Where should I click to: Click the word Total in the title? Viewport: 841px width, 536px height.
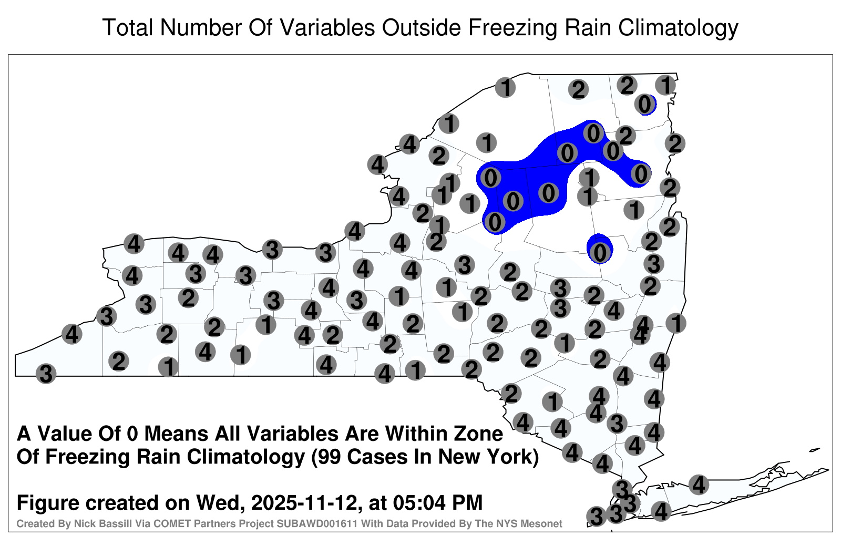tap(127, 28)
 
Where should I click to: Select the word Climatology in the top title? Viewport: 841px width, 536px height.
tap(678, 28)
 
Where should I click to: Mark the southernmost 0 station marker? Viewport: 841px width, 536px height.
tap(600, 253)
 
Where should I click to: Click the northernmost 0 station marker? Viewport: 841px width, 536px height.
tap(644, 104)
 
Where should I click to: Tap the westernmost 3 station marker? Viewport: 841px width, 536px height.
tap(46, 374)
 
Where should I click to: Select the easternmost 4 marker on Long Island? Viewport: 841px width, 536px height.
tap(699, 484)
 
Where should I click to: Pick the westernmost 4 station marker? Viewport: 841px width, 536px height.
tap(71, 334)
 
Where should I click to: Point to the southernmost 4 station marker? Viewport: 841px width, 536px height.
tap(661, 511)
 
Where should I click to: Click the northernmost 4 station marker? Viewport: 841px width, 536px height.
tap(409, 144)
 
